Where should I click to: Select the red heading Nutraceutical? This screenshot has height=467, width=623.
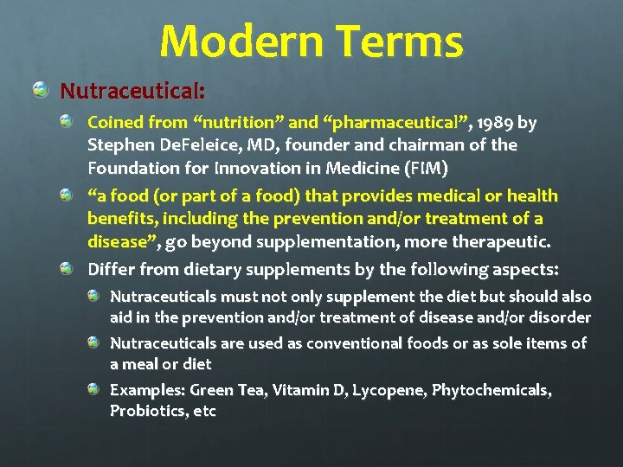point(132,91)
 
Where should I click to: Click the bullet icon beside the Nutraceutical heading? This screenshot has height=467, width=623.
point(41,90)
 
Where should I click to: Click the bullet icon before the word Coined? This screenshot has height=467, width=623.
point(67,123)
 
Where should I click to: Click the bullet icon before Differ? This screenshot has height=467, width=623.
point(67,270)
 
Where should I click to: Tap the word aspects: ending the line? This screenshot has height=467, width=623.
point(524,270)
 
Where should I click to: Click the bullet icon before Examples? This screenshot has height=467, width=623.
point(93,390)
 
